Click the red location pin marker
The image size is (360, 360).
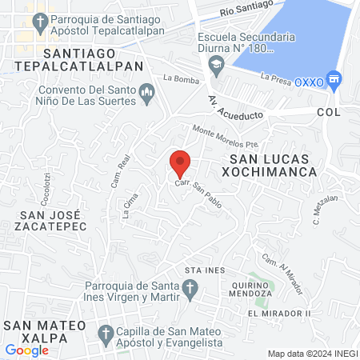click(x=180, y=162)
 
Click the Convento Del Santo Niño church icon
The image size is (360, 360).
click(x=146, y=95)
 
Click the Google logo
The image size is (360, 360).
click(x=26, y=350)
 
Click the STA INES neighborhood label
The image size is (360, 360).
click(x=200, y=270)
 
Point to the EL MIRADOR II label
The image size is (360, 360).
click(x=278, y=313)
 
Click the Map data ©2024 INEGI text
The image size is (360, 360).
click(x=311, y=354)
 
